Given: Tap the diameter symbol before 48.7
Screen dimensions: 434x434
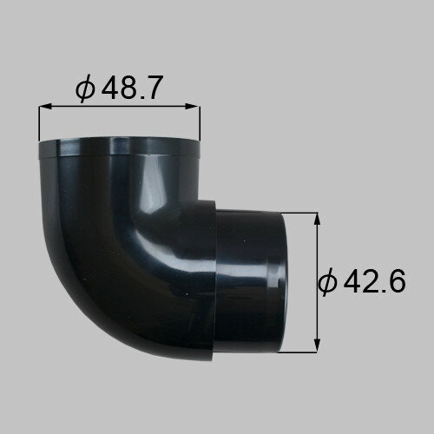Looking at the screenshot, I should (84, 89).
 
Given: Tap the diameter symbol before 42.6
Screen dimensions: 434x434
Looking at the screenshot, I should (328, 281).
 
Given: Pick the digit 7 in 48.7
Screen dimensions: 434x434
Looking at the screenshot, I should (155, 88).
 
